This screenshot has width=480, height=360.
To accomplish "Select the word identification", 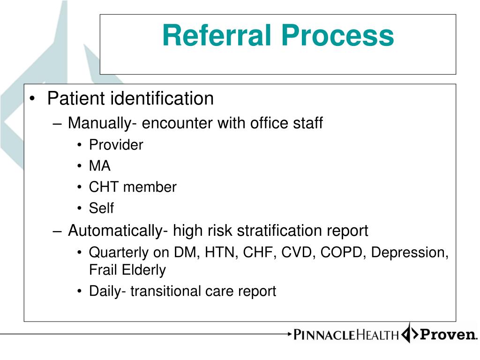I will [x=162, y=98].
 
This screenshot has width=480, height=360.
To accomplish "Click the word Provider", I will [x=116, y=145].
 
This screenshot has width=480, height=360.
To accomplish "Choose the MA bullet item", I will [x=100, y=166].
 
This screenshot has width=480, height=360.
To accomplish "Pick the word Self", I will [x=101, y=208].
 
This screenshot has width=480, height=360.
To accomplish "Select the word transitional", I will [x=165, y=291].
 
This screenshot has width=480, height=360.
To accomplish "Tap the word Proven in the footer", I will [x=447, y=335].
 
